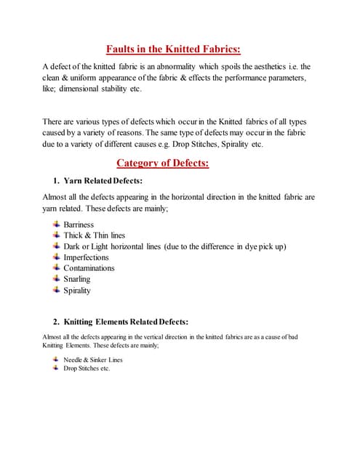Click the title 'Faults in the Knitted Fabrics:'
(x=173, y=49)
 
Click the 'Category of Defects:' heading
(x=163, y=163)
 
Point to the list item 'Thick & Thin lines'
(x=95, y=236)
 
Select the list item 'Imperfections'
(x=87, y=257)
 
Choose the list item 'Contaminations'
(x=89, y=268)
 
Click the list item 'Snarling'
(x=78, y=279)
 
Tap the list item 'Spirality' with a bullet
(x=78, y=290)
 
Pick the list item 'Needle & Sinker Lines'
(x=93, y=360)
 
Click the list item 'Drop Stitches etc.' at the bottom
(x=87, y=368)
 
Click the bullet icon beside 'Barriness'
(x=57, y=225)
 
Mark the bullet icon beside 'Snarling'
(x=57, y=278)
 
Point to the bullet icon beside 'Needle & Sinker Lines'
(x=57, y=359)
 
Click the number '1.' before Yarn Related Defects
(x=56, y=180)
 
